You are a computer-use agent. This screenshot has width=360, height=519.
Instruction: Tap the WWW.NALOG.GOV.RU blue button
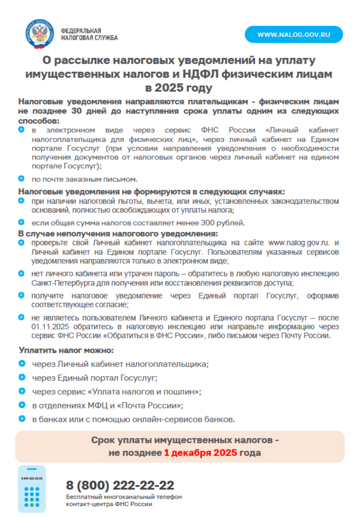294,34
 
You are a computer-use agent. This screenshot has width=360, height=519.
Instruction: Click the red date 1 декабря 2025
200,453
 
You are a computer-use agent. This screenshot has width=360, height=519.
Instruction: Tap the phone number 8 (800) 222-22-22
120,485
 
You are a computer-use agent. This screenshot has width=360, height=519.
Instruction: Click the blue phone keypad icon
32,489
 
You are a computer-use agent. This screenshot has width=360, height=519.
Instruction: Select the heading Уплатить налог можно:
66,350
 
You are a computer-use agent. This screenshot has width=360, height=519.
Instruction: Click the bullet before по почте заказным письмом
21,179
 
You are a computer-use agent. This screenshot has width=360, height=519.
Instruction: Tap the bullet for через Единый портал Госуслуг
22,377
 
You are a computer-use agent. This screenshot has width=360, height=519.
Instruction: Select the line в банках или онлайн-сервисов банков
133,419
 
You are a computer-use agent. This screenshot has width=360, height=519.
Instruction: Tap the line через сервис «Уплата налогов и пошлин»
116,391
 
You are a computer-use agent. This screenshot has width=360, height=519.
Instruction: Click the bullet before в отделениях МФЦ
22,405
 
